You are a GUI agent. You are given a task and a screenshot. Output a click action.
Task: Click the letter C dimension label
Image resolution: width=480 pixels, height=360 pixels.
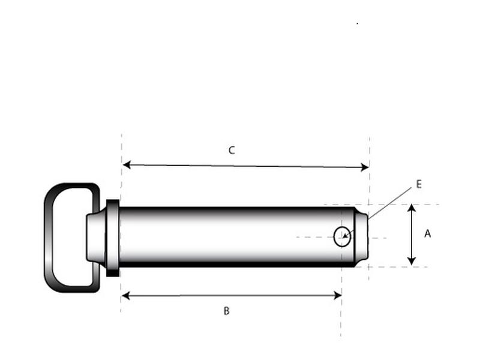pos(232,151)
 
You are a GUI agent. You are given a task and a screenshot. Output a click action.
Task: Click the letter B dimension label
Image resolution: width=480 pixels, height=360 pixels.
pos(226,311)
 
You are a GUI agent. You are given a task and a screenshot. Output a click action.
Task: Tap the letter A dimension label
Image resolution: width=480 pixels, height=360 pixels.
pos(427,234)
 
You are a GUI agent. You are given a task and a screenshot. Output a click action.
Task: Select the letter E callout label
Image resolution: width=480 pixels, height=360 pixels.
pos(419,184)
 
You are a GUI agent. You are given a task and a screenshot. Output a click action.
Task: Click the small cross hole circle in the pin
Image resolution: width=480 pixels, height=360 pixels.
pos(341,237)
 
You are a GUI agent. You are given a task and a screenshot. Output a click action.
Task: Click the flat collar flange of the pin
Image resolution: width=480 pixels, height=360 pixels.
pos(112,238)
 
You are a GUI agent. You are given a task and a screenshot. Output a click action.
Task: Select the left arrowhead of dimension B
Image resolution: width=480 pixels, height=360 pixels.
pos(125,295)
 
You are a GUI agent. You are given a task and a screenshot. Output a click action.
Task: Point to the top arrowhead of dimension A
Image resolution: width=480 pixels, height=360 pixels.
pos(412,208)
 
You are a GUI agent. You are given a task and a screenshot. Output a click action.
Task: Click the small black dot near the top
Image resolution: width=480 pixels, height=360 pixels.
pos(358,23)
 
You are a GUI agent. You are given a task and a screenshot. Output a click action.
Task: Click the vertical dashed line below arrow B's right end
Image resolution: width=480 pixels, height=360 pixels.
pos(341,318)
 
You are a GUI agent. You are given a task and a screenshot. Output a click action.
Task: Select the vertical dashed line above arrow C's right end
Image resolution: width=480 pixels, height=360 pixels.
pos(370,150)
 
